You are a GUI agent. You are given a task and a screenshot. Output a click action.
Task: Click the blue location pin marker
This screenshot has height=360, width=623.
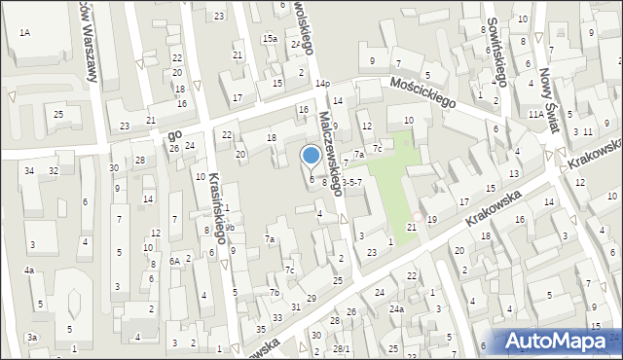(x=311, y=156)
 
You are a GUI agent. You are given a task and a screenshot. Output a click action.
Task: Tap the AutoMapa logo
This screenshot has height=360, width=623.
(x=560, y=341)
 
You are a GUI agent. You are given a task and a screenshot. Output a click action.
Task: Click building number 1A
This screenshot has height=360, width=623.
(x=24, y=33)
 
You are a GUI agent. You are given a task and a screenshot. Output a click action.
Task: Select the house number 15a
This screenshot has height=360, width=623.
(x=269, y=39)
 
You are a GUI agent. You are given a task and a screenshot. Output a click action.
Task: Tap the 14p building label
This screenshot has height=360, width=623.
(x=321, y=85)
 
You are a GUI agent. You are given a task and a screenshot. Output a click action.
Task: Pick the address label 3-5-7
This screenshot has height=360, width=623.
(x=351, y=182)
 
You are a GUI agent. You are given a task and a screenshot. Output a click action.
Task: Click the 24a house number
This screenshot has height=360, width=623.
(x=397, y=309)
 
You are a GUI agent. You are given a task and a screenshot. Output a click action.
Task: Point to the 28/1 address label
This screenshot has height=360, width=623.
(x=341, y=348)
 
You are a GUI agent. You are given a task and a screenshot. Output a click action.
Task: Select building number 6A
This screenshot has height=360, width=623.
(x=175, y=261)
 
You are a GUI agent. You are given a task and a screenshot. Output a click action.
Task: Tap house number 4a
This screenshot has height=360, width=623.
(x=30, y=270)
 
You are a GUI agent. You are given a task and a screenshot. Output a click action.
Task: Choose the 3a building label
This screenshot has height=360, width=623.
(x=32, y=337)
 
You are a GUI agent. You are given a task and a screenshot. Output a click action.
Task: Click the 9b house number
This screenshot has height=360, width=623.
(x=231, y=229)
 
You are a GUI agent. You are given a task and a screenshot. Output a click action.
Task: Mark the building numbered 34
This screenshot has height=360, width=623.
(x=30, y=171)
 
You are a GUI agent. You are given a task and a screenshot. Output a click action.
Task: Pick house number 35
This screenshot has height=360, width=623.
(x=261, y=330)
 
